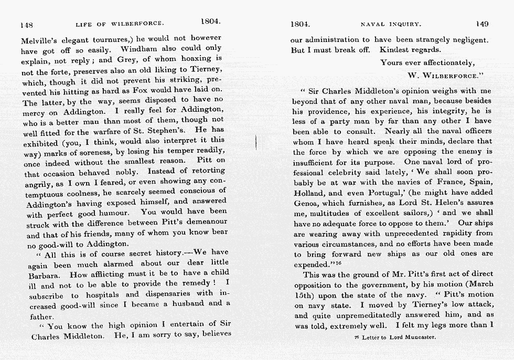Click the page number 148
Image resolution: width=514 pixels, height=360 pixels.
click(x=26, y=25)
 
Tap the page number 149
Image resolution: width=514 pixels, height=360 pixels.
click(x=481, y=24)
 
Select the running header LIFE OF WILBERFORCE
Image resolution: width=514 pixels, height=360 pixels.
click(x=120, y=24)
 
